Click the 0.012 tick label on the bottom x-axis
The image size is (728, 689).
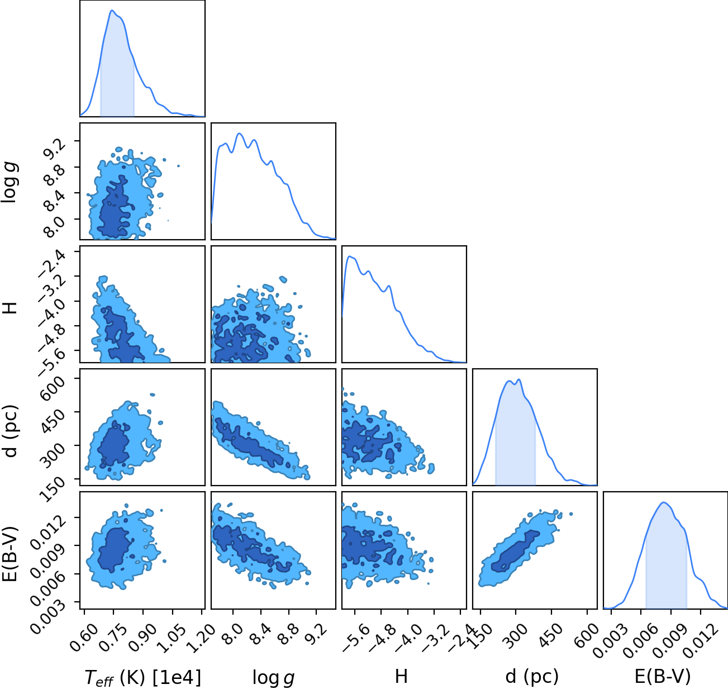[697, 636]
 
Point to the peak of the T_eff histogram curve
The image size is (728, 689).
[112, 11]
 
